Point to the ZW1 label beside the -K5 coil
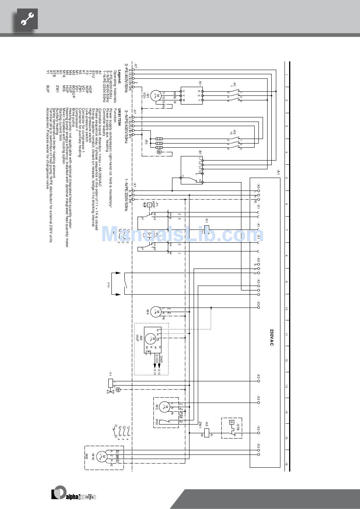pyautogui.click(x=200, y=425)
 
